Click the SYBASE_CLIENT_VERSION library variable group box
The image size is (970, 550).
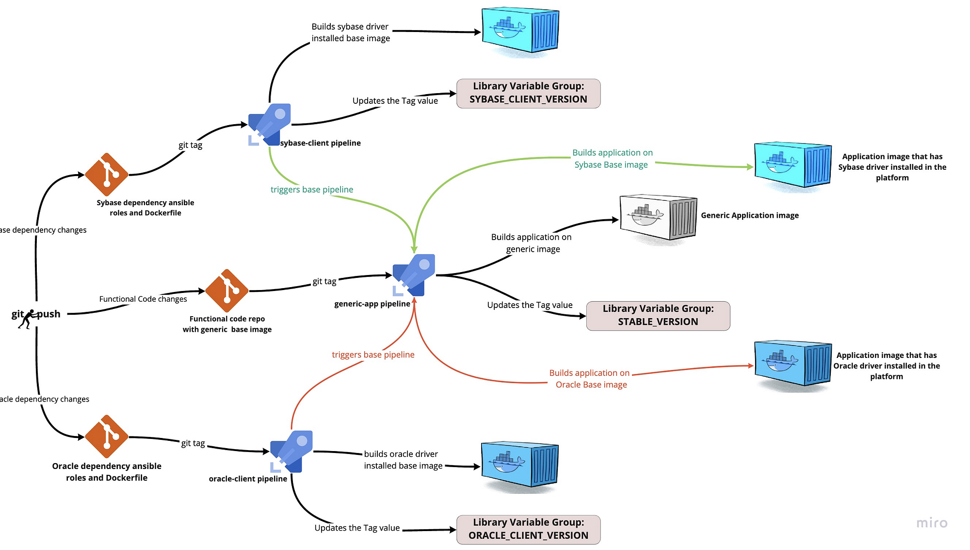point(528,93)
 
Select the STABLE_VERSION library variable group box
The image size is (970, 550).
point(658,316)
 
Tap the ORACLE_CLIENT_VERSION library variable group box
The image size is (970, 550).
point(528,529)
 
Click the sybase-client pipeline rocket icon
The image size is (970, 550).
point(270,124)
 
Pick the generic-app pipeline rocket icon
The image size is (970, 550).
point(414,275)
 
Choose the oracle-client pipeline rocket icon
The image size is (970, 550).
point(291,451)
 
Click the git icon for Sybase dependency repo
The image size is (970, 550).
point(106,175)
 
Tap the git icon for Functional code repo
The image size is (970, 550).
point(226,291)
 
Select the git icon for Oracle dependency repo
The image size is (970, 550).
point(106,437)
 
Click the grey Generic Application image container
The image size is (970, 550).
point(658,218)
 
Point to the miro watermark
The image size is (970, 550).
point(931,523)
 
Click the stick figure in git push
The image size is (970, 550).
point(29,319)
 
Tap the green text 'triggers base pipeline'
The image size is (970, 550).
point(311,190)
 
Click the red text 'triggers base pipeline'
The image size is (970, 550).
point(373,355)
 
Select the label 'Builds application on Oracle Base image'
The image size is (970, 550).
point(590,379)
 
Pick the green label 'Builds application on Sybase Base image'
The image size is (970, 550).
point(612,159)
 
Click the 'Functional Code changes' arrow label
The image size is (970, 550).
point(143,299)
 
